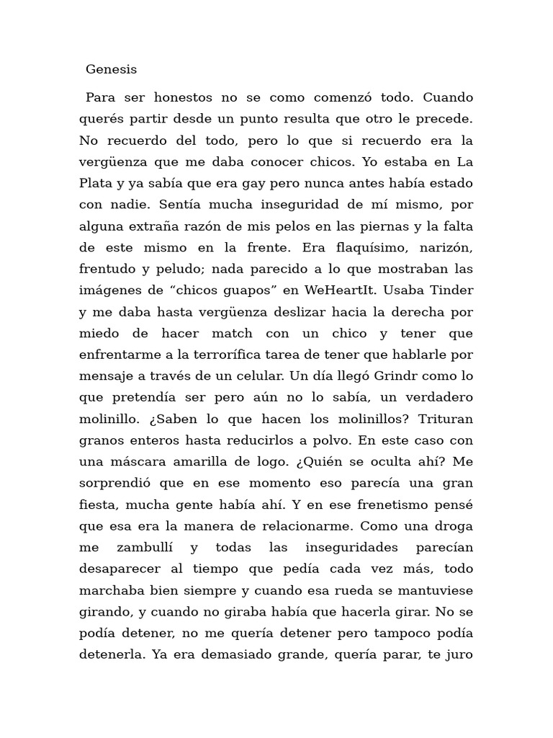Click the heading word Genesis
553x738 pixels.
[111, 70]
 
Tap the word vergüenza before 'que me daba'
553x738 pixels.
[114, 161]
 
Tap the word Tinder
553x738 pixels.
[451, 290]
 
